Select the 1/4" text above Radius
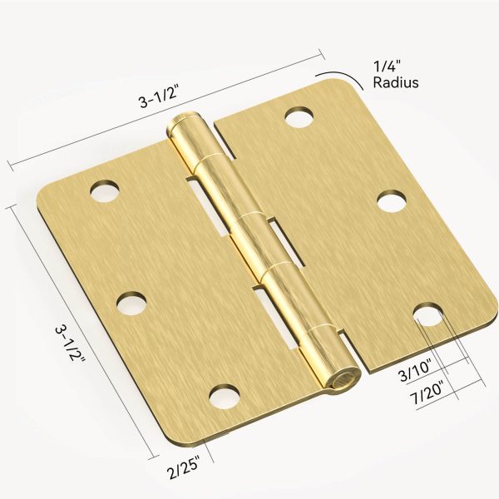387,66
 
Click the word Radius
395,82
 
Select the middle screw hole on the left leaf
130,304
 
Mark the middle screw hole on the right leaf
391,202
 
